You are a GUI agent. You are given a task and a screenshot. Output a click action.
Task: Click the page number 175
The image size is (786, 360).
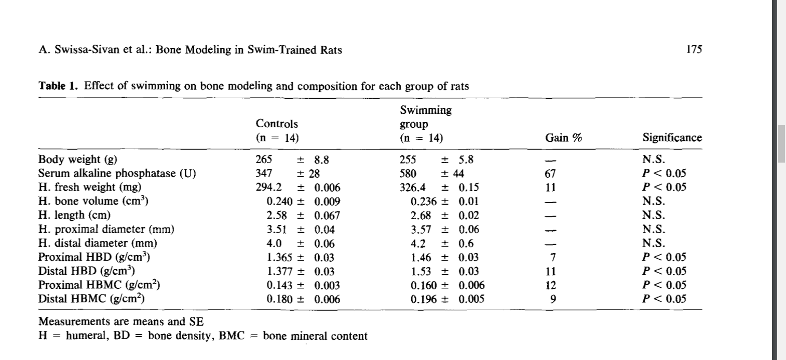(694, 49)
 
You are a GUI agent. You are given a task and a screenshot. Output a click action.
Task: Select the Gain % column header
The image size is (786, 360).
(563, 138)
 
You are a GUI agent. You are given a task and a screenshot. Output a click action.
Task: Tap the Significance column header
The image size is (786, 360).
(672, 138)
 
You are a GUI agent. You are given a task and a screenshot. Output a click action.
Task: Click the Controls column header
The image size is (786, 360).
(277, 124)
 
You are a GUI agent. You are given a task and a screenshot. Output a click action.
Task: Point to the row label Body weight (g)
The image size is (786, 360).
(77, 159)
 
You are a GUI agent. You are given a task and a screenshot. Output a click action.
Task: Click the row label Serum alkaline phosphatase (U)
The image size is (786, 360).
(117, 174)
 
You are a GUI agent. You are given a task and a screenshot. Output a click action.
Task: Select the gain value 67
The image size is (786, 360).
(550, 174)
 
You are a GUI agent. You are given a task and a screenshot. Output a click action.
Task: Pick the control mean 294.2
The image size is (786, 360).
(268, 187)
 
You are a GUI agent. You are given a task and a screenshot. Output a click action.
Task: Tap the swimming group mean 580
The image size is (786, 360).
(408, 174)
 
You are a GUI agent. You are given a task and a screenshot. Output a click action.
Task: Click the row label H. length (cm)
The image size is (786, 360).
(74, 215)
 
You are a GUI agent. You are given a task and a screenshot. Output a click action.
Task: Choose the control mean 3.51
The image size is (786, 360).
(277, 229)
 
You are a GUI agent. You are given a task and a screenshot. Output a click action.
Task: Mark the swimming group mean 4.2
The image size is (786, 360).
(418, 244)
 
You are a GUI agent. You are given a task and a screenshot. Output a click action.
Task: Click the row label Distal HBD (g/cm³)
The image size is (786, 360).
(86, 271)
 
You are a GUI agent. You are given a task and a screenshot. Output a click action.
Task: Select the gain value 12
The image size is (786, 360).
(550, 285)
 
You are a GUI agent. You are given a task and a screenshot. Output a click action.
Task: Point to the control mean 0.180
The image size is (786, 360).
(279, 299)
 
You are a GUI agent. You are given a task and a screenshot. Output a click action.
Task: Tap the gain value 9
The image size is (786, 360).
(553, 299)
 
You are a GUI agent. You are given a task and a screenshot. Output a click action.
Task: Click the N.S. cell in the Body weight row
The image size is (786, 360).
(654, 159)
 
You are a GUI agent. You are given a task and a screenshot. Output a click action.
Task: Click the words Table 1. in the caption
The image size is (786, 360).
(58, 86)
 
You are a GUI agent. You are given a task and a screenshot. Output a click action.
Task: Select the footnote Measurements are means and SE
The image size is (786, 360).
(121, 322)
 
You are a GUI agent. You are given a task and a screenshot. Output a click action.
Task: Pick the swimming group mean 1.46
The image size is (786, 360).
(421, 258)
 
